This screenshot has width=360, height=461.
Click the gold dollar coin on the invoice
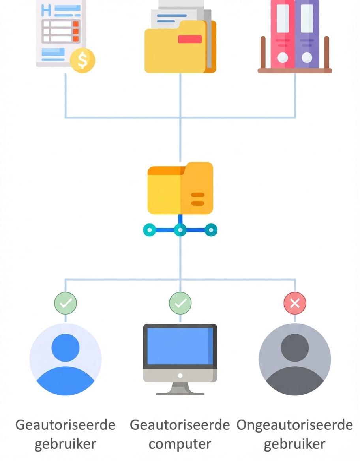[82, 60]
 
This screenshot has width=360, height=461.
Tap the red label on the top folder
[189, 39]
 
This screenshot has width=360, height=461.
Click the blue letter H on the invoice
[46, 10]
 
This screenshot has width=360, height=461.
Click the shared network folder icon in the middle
[180, 188]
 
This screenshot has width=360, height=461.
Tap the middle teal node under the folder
[180, 229]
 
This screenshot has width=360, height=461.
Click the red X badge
[295, 303]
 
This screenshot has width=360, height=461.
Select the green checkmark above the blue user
[66, 303]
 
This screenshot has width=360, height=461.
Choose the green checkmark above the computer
[180, 303]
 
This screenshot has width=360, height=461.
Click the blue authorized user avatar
[66, 360]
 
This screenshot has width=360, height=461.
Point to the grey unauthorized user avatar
[295, 360]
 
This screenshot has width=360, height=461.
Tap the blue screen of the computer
[180, 346]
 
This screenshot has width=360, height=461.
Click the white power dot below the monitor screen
[180, 375]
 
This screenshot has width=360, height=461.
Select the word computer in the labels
[180, 444]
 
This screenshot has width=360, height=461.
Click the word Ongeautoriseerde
[294, 425]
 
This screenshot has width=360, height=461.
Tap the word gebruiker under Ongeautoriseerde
[294, 444]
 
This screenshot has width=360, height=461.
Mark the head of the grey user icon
[295, 347]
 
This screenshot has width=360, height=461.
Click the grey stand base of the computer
[180, 393]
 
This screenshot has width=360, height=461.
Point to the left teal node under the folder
[149, 229]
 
